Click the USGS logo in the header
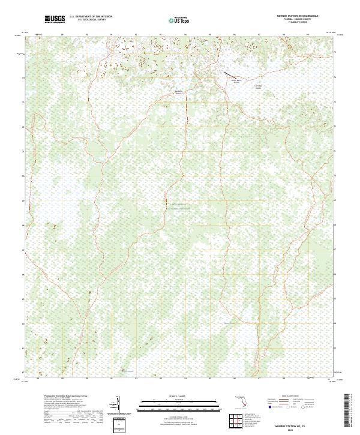click(55, 19)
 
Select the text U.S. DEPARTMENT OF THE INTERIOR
click(91, 17)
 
